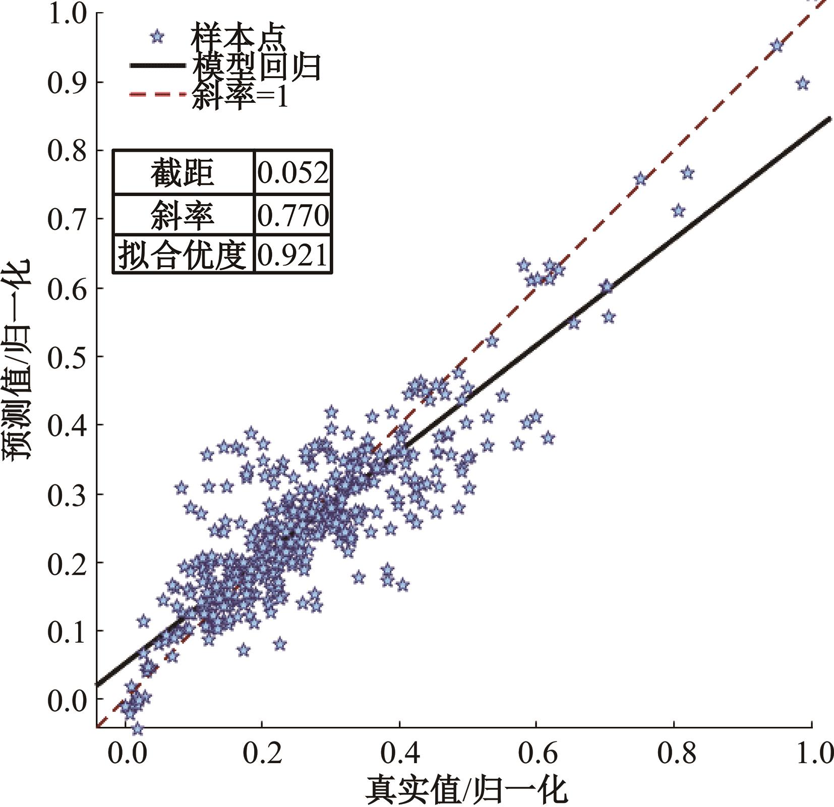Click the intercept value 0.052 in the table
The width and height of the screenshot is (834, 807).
coord(293,172)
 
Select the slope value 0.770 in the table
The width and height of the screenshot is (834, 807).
coord(293,215)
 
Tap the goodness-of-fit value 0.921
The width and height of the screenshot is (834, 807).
coord(293,255)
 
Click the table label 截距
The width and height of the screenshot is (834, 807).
coord(183,172)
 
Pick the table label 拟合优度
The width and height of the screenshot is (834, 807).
coord(183,255)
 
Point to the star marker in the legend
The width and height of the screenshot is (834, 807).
coord(157,36)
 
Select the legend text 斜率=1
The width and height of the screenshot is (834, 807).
coord(240,95)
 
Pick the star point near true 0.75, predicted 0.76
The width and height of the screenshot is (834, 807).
coord(640,179)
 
